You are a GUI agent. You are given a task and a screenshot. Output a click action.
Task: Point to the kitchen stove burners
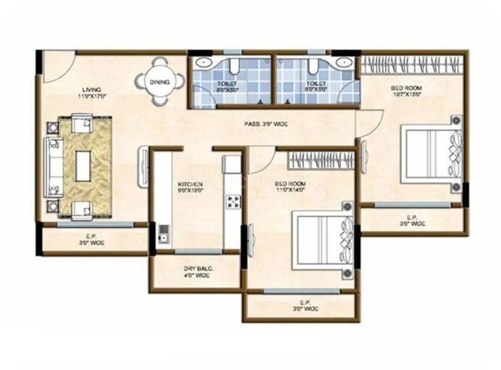click(233, 202)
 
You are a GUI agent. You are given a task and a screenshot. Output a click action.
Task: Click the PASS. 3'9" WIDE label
click(266, 124)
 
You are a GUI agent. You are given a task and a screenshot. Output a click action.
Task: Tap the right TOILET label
click(316, 86)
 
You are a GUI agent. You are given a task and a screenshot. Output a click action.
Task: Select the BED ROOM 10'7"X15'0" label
click(406, 91)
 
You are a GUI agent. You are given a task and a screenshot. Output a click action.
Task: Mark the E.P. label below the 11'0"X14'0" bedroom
click(305, 305)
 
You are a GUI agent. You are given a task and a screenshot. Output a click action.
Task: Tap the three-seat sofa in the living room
click(53, 167)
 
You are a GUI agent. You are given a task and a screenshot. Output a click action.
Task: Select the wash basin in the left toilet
click(203, 63)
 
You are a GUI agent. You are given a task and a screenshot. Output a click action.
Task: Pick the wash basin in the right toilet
click(342, 63)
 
